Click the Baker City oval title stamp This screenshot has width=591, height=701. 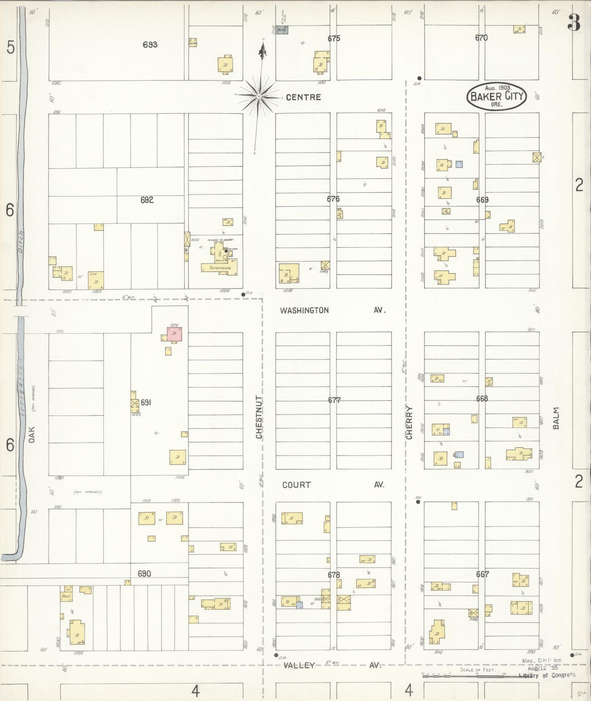497,96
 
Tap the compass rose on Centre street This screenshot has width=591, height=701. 259,97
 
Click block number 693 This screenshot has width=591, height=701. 150,45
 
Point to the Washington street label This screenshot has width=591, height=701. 304,310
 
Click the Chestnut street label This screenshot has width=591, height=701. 259,417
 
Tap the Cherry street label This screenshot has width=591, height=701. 409,422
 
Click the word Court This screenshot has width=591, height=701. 297,485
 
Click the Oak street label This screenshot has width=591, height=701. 32,434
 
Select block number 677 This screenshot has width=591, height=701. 334,400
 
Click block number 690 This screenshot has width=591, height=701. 144,574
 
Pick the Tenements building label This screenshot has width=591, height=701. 220,268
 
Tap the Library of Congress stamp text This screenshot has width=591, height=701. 547,675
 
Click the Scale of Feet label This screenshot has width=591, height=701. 478,670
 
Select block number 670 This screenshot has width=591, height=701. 481,38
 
